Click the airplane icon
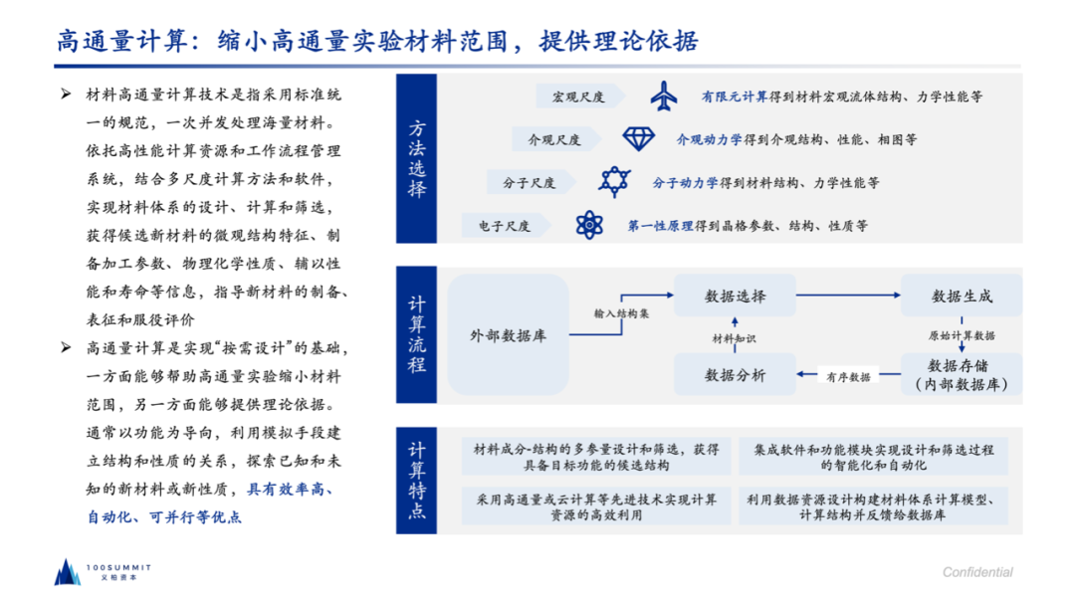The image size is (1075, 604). tap(663, 97)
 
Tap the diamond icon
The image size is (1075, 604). tap(637, 138)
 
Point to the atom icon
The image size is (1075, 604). tap(589, 226)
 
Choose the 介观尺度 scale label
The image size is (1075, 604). tap(553, 139)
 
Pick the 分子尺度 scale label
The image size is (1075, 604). tap(529, 183)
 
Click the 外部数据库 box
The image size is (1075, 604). tap(508, 335)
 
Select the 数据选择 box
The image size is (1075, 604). tap(736, 297)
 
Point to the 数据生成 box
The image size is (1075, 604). tap(962, 297)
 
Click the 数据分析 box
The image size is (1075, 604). tap(736, 375)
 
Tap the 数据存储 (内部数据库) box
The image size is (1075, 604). tap(962, 375)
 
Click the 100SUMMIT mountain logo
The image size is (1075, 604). tap(67, 571)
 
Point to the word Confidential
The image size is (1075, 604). tap(977, 572)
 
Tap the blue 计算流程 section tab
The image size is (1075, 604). tap(416, 334)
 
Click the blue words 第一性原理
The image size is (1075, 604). tap(660, 226)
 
